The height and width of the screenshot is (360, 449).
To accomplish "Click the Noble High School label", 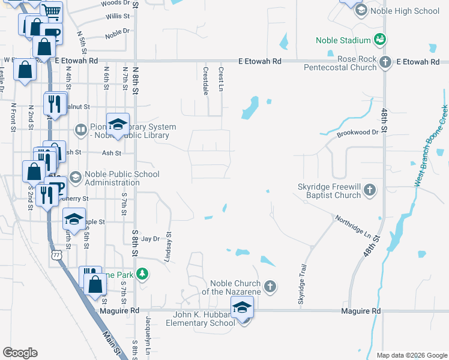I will pos(405,11).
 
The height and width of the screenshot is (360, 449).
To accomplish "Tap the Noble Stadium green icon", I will pos(380,40).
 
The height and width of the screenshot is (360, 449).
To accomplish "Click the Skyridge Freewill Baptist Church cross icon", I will pos(370,191).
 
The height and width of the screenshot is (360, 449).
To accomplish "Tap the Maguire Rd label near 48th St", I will pos(361,311).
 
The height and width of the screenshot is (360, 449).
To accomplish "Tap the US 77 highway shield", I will pos(56,256).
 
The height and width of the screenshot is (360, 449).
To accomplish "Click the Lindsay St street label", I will pos(168,247).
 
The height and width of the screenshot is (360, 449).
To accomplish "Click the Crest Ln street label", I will pos(221,76).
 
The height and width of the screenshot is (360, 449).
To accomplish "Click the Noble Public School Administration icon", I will pos(76,176).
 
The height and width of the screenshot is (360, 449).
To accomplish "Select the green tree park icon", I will pos(142,274).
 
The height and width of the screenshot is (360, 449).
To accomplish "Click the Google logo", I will pos(20,352).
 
